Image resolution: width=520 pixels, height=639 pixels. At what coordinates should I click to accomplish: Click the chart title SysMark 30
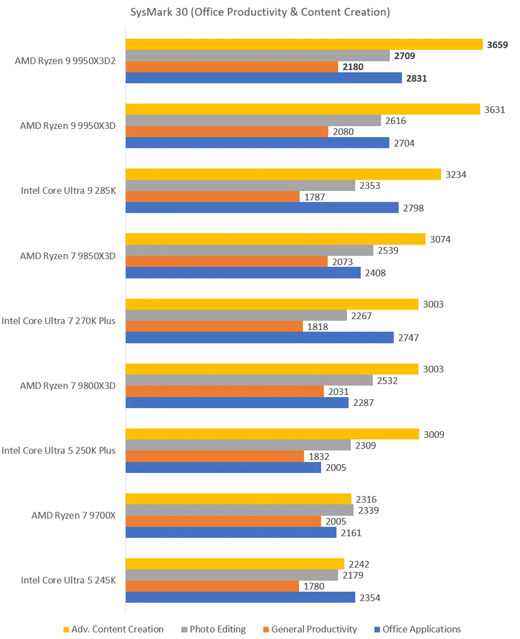(x=260, y=12)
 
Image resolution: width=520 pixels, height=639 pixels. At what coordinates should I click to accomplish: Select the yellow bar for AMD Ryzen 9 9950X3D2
(x=304, y=44)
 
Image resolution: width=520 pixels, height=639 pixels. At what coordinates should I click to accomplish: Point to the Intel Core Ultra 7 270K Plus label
(x=58, y=321)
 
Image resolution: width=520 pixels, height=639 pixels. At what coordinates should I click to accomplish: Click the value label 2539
(x=387, y=251)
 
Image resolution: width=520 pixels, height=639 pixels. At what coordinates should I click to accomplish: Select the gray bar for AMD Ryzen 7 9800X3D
(x=249, y=380)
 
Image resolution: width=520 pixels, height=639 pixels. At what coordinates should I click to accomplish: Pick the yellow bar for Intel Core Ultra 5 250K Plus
(x=272, y=434)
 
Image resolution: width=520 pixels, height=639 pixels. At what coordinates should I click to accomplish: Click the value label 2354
(x=369, y=597)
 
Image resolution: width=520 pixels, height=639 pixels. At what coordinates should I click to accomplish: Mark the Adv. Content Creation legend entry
(x=117, y=629)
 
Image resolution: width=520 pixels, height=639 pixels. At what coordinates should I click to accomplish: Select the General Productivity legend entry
(x=314, y=629)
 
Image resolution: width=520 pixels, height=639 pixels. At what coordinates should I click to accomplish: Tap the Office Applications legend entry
(x=421, y=629)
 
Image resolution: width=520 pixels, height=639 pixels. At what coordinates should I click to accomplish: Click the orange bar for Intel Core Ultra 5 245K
(x=212, y=586)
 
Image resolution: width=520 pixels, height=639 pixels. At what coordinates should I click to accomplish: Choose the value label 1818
(x=317, y=327)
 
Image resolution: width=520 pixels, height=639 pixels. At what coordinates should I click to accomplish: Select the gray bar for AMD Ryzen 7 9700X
(x=239, y=510)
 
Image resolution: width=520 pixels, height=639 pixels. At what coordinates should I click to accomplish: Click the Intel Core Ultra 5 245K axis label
(x=68, y=581)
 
